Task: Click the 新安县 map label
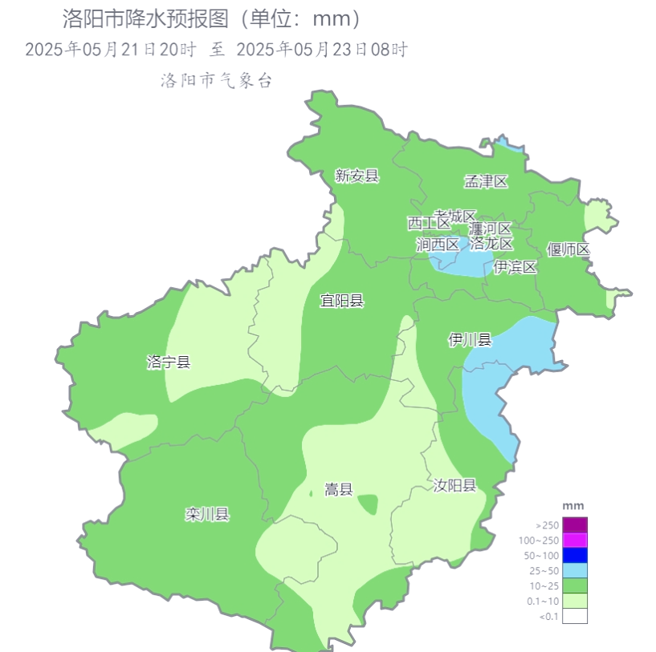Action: point(357,176)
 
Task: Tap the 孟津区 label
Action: point(487,181)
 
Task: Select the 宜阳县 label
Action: point(342,301)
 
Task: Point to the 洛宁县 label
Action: point(169,362)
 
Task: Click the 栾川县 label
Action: point(207,514)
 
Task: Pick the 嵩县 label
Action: point(338,489)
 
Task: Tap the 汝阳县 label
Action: point(454,485)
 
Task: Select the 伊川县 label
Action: point(470,340)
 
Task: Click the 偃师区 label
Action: point(568,249)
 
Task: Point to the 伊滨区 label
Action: point(515,267)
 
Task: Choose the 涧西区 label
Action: point(438,245)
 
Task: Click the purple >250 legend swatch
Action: point(575,524)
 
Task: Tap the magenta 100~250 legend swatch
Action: point(575,540)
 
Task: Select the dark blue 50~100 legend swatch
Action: point(575,555)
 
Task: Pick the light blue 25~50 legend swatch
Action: point(575,570)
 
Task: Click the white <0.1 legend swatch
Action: point(575,616)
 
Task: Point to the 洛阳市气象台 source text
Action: point(218,80)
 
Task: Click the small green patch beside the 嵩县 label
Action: point(369,504)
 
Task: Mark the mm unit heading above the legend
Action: point(573,505)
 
